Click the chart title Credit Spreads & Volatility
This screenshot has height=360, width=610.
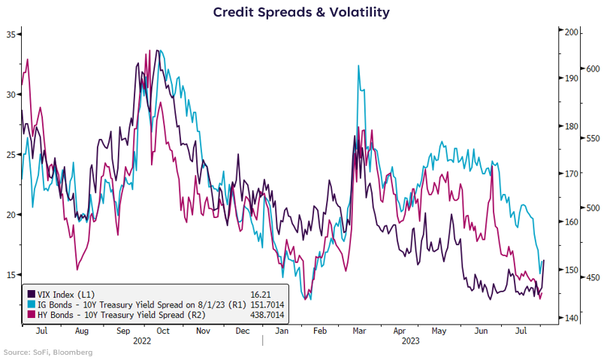[x=300, y=12]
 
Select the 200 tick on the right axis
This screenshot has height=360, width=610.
[x=570, y=32]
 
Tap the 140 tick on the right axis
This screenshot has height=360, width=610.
[x=570, y=319]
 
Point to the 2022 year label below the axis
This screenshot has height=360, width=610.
[x=140, y=340]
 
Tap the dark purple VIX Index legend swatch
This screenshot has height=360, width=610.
[x=32, y=293]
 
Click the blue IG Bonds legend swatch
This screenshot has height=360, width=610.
[x=32, y=304]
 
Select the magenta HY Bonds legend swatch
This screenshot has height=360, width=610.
[x=32, y=314]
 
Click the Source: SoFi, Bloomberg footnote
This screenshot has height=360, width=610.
[x=47, y=352]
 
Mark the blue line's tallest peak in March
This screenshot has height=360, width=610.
[x=358, y=66]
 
